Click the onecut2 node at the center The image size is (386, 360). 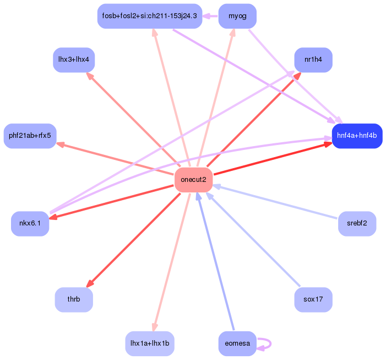click(x=193, y=180)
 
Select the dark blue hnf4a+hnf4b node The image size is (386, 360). click(x=357, y=136)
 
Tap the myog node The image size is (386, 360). click(x=237, y=16)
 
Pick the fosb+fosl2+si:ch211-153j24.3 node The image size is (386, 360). click(x=150, y=16)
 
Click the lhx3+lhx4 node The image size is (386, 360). click(x=74, y=60)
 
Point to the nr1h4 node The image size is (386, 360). click(x=313, y=60)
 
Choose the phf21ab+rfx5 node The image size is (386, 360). click(x=30, y=136)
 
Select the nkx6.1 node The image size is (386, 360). click(x=30, y=223)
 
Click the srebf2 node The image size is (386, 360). click(x=357, y=223)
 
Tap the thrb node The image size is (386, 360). click(x=74, y=299)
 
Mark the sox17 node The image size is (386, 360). click(x=313, y=299)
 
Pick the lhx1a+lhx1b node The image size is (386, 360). click(x=150, y=343)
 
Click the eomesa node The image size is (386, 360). click(x=237, y=343)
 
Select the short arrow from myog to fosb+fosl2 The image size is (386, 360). click(x=210, y=16)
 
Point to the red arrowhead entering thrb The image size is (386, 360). click(x=90, y=283)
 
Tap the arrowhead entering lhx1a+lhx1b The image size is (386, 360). click(x=155, y=327)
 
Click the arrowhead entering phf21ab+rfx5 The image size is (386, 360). click(x=61, y=144)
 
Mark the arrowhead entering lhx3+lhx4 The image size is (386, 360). click(x=90, y=76)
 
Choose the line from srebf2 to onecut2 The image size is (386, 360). click(x=275, y=202)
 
